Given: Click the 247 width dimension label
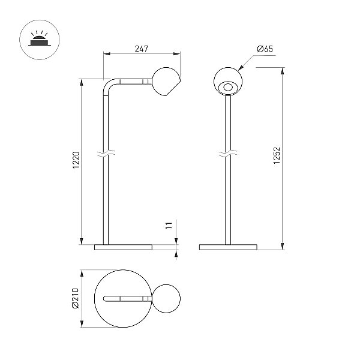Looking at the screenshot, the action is coord(142,49).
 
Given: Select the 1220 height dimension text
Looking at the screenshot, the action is coord(76,160).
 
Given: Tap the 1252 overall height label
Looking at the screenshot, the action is coord(277,155).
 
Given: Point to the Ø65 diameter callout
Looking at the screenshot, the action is coord(265,49).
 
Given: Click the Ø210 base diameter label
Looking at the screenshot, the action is coord(76,298).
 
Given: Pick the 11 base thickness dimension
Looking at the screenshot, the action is coord(169,226).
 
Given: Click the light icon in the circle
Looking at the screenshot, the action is coord(39,38).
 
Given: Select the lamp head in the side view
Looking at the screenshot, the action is coord(166,82).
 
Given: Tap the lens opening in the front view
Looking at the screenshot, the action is coord(228,87).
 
